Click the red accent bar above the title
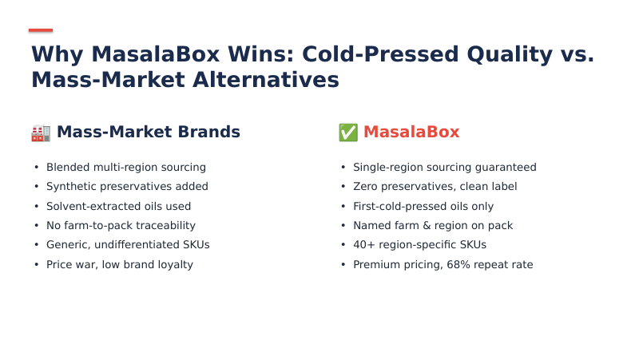[41, 30]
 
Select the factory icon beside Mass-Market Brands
[41, 133]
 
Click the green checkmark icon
[348, 133]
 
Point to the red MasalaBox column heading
[411, 133]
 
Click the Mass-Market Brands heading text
[148, 133]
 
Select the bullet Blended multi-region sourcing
[126, 168]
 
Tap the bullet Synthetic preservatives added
[127, 187]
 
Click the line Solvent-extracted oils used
[118, 206]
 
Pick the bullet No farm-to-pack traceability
[121, 226]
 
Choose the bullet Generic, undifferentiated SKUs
[128, 245]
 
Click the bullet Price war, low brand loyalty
[120, 264]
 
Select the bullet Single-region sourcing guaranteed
[444, 168]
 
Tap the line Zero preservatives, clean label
[435, 187]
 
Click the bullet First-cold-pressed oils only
[423, 206]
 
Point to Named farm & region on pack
[433, 226]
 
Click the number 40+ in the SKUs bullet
[363, 245]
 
